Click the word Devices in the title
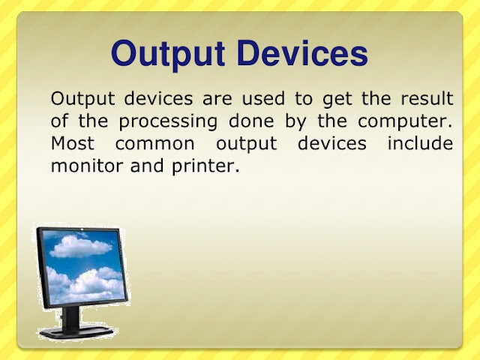pyautogui.click(x=301, y=53)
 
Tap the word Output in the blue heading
pyautogui.click(x=168, y=55)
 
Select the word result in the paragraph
pyautogui.click(x=427, y=98)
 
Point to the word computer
pyautogui.click(x=405, y=121)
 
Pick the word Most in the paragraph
pyautogui.click(x=73, y=143)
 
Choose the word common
pyautogui.click(x=155, y=144)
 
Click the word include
pyautogui.click(x=420, y=143)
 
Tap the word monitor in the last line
pyautogui.click(x=87, y=166)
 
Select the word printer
pyautogui.click(x=205, y=166)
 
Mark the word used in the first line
pyautogui.click(x=263, y=98)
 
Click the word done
pyautogui.click(x=251, y=121)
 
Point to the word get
pyautogui.click(x=337, y=100)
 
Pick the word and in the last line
pyautogui.click(x=147, y=165)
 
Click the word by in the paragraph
pyautogui.click(x=295, y=122)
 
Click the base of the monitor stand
pyautogui.click(x=77, y=331)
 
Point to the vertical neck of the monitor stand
pyautogui.click(x=70, y=317)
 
